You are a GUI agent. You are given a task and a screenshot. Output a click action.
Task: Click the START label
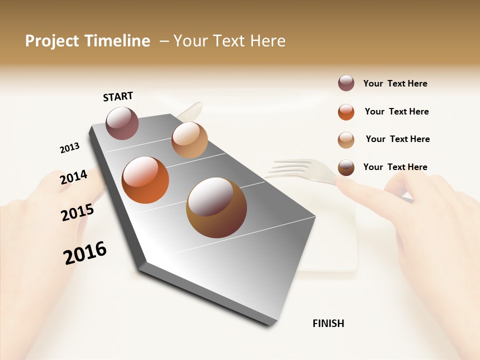point(118,96)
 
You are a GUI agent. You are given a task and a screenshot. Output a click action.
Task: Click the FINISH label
point(328,323)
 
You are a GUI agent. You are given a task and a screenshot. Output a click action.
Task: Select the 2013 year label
point(69,148)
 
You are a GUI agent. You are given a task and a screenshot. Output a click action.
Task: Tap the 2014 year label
point(73,177)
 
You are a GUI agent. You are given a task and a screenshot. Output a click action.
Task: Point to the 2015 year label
point(77,212)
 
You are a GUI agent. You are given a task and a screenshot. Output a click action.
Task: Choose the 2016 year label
point(85,253)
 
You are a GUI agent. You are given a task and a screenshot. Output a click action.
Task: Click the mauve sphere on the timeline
point(122,123)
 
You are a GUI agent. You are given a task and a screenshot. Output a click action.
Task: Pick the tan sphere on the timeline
point(189,140)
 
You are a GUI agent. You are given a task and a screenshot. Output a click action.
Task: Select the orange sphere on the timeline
point(145,180)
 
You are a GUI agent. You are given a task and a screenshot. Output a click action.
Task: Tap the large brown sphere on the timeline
point(216,207)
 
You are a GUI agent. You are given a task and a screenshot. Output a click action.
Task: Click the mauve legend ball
point(346,83)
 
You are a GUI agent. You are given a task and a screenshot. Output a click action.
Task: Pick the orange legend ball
point(346,112)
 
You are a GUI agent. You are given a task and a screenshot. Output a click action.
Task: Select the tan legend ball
point(346,140)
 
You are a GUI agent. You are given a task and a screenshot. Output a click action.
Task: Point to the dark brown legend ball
point(346,167)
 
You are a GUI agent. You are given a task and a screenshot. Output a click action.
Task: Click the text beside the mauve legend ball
point(395,83)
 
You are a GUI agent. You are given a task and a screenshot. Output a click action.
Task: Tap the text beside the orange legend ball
point(396,111)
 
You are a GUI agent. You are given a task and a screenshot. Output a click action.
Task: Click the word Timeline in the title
point(117,41)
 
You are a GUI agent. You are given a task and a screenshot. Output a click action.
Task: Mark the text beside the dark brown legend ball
point(395,167)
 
